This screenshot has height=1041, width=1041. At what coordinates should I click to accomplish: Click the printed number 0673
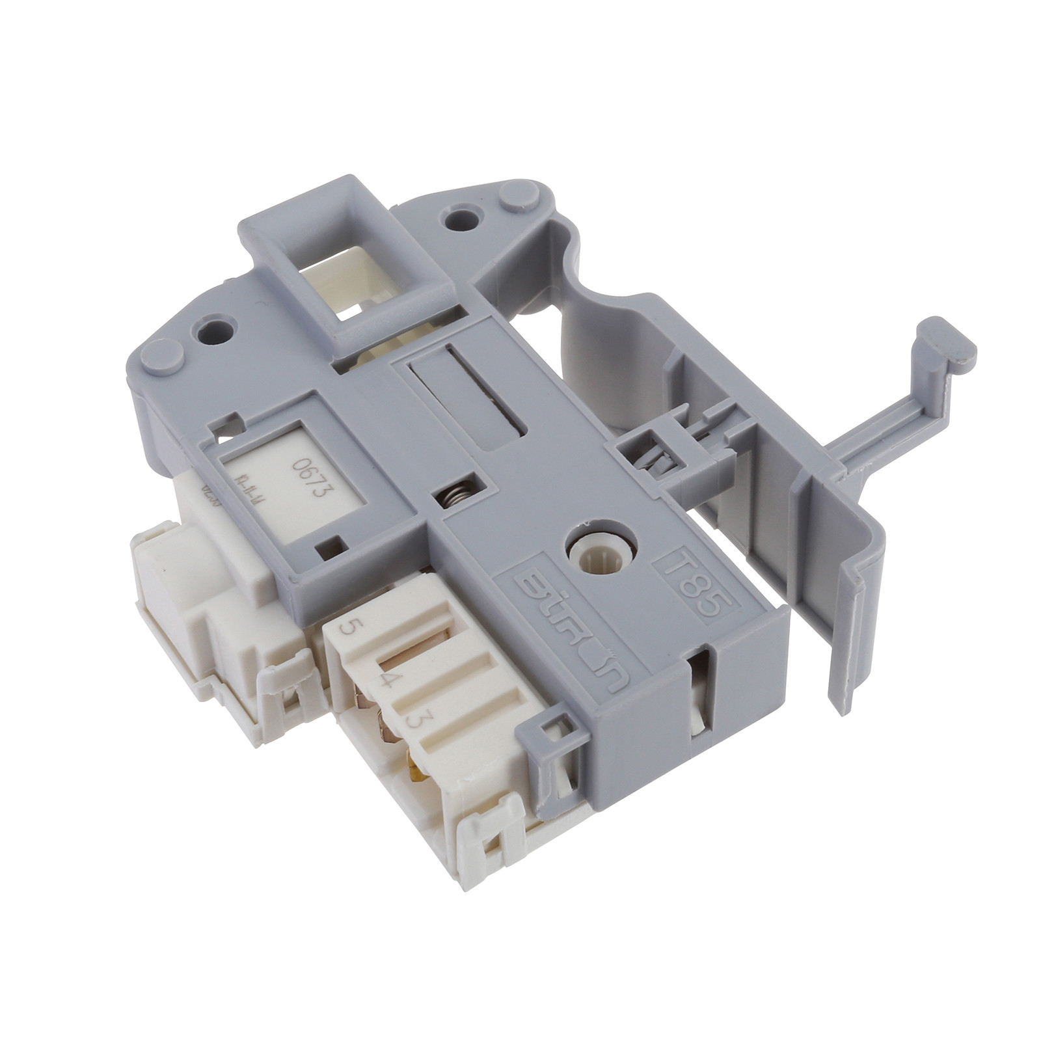[x=309, y=478]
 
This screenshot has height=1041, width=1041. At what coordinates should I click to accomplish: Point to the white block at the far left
[x=182, y=573]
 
